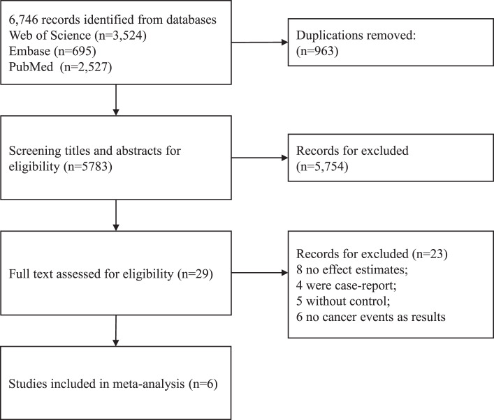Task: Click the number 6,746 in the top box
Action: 23,20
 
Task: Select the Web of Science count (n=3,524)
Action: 121,36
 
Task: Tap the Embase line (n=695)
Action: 52,52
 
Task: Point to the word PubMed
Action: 31,67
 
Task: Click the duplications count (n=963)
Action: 317,51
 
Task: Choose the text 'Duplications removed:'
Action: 356,36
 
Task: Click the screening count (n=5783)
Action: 88,167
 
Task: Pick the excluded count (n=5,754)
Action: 322,167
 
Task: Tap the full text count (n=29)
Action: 196,274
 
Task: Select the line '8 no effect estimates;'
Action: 352,269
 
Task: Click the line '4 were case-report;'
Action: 347,285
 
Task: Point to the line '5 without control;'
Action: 343,301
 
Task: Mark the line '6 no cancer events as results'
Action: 371,317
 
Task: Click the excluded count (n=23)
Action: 430,254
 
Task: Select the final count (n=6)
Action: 203,384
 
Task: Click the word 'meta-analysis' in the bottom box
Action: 148,384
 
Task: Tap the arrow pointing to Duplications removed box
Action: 260,43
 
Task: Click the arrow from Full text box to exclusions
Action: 260,273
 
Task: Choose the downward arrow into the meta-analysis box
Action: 115,331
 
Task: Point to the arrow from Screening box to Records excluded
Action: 260,158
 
